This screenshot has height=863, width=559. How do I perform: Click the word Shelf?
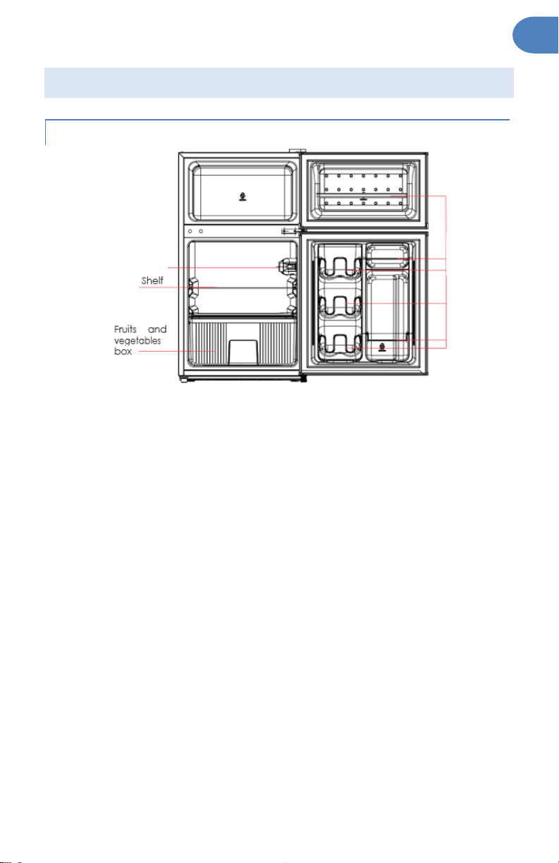pyautogui.click(x=152, y=280)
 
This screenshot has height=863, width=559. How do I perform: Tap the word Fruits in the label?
pyautogui.click(x=125, y=330)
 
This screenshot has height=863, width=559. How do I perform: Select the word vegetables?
pyautogui.click(x=137, y=341)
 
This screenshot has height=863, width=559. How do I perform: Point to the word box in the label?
pyautogui.click(x=123, y=352)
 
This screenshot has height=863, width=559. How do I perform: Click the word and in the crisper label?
pyautogui.click(x=157, y=330)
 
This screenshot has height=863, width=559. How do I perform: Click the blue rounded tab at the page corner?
pyautogui.click(x=536, y=35)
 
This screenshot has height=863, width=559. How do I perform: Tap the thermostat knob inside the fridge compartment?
pyautogui.click(x=286, y=266)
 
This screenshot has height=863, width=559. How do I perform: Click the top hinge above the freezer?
pyautogui.click(x=298, y=151)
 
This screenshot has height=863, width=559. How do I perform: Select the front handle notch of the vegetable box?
pyautogui.click(x=243, y=352)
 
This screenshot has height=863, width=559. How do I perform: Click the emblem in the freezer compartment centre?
pyautogui.click(x=242, y=197)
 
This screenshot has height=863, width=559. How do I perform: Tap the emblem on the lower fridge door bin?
pyautogui.click(x=382, y=347)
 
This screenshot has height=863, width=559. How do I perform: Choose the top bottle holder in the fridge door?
pyautogui.click(x=339, y=267)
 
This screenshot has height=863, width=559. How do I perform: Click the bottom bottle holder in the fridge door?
pyautogui.click(x=339, y=344)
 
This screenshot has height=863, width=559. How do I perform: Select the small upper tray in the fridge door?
pyautogui.click(x=387, y=256)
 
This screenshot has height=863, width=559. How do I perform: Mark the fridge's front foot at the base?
pyautogui.click(x=183, y=380)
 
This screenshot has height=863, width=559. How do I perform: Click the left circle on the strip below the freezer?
pyautogui.click(x=190, y=231)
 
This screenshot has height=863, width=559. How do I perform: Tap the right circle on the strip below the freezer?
pyautogui.click(x=201, y=231)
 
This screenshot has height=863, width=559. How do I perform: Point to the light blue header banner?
pyautogui.click(x=279, y=83)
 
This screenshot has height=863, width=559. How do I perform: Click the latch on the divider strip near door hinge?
pyautogui.click(x=290, y=231)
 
